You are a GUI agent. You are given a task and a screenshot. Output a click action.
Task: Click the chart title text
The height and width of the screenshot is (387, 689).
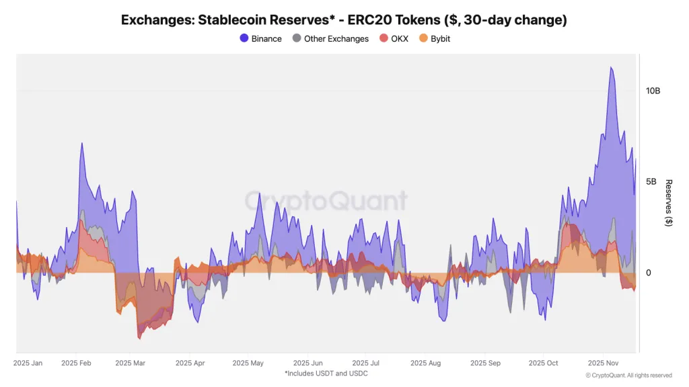344,19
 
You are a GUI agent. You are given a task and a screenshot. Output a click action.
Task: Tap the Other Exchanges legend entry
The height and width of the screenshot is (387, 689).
330,38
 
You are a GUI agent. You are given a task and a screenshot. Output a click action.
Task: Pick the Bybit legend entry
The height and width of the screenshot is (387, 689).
435,38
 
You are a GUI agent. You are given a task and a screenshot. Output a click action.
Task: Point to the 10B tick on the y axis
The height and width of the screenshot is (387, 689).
653,90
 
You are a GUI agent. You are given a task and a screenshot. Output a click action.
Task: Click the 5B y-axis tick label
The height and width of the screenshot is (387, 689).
652,181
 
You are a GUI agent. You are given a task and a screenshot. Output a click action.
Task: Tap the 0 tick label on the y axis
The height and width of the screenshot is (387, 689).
648,273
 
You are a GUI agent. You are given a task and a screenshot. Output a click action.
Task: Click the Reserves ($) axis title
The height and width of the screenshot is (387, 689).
668,202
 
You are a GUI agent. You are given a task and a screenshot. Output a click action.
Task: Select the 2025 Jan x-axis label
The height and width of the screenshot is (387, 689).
28,363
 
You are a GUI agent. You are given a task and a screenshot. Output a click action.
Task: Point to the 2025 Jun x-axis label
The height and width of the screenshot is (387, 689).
308,363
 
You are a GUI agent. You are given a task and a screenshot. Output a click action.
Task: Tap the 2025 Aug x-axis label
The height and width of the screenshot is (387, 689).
425,363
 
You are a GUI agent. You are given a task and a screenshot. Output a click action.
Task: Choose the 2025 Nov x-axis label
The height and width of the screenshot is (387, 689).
604,363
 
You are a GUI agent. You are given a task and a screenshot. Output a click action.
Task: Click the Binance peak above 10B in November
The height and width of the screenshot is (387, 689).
610,67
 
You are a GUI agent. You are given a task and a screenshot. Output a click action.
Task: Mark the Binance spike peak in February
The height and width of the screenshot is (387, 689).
81,143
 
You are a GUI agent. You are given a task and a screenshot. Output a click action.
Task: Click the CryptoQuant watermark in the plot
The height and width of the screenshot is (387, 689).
326,200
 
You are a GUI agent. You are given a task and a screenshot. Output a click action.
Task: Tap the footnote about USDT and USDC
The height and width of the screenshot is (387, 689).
326,373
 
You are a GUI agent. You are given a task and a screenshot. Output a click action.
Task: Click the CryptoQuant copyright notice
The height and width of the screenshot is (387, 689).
628,375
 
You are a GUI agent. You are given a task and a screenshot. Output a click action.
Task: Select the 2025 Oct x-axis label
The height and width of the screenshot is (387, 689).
544,363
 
